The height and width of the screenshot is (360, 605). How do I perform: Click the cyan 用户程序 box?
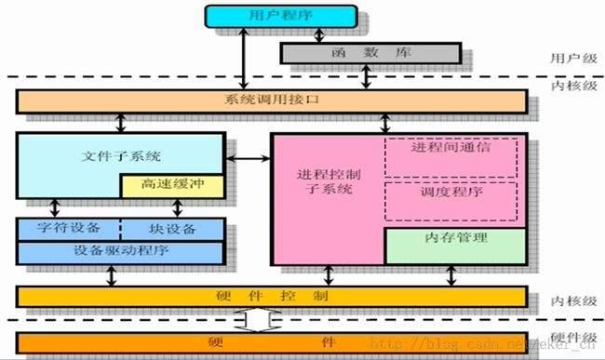[x=280, y=16]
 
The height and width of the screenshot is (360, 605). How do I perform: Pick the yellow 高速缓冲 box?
[x=172, y=186]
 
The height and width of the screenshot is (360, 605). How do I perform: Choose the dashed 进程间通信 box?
[x=451, y=148]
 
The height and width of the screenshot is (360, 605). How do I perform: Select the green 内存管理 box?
[x=451, y=238]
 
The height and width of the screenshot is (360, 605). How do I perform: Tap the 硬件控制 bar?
[x=270, y=297]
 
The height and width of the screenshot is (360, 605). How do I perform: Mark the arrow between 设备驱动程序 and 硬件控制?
[x=112, y=275]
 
